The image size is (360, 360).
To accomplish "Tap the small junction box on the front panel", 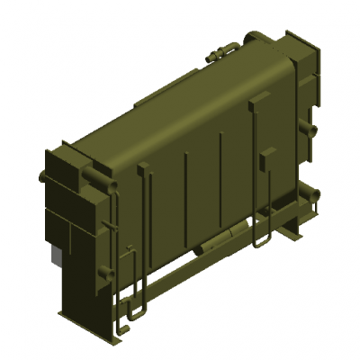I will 264,161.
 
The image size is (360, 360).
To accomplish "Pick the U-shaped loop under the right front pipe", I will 261,241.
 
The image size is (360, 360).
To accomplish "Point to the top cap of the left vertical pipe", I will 142,166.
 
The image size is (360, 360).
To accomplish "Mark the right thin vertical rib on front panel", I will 221,166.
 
